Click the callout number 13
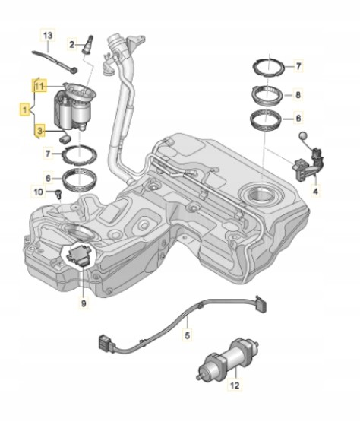coord(48,35)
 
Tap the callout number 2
coord(71,44)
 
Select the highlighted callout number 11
coord(39,86)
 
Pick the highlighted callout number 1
coord(25,109)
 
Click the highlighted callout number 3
coord(39,132)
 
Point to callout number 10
coord(39,192)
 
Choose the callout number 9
coord(84,303)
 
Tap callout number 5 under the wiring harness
coord(188,335)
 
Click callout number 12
coord(235,386)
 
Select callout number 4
coord(316,192)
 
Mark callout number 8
coord(298,95)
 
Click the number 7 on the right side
coord(298,66)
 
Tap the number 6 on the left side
coord(48,178)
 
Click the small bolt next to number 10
coord(58,194)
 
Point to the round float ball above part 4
coord(303,136)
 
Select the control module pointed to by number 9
coord(77,255)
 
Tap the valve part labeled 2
coord(87,44)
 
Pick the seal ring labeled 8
coord(267,95)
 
